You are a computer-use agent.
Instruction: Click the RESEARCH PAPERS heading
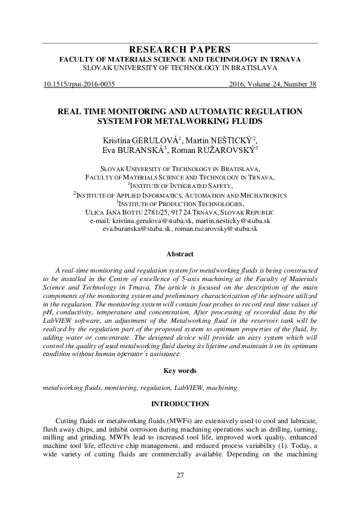180,49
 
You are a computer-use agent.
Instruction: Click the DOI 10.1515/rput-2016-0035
79,85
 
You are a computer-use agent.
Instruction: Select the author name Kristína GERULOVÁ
139,141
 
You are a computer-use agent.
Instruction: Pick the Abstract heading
180,254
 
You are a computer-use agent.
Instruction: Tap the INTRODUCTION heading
180,403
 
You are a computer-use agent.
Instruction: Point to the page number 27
180,474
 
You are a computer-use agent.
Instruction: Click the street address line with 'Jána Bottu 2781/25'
180,213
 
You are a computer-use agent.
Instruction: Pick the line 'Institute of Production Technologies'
180,204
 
